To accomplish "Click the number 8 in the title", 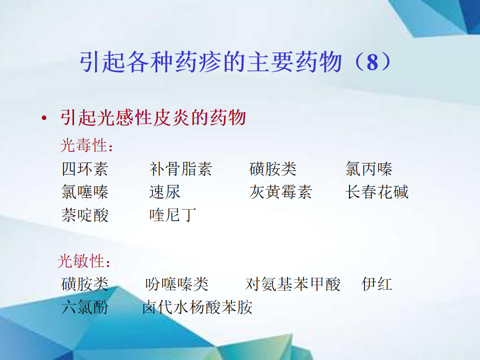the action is point(372,62).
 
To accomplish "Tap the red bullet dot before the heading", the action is point(44,118).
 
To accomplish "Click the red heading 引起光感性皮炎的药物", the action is point(153,117).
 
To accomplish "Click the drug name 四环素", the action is point(85,169).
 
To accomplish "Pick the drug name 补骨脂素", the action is point(180,169).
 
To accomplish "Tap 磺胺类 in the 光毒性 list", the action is point(273,169).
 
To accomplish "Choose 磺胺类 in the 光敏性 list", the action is point(85,284).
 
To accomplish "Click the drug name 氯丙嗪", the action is point(369,169).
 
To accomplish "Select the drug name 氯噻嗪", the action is point(85,192).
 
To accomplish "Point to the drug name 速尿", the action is point(164,192).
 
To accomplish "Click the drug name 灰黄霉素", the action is point(280,192).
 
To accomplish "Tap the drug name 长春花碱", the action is point(377,192).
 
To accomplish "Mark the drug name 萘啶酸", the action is point(85,215).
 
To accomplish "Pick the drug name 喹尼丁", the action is point(172,215).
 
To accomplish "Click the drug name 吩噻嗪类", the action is point(177,284).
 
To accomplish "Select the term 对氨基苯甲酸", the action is point(293,284).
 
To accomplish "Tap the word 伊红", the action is point(377,284).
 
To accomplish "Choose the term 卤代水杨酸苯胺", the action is point(197,307).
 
